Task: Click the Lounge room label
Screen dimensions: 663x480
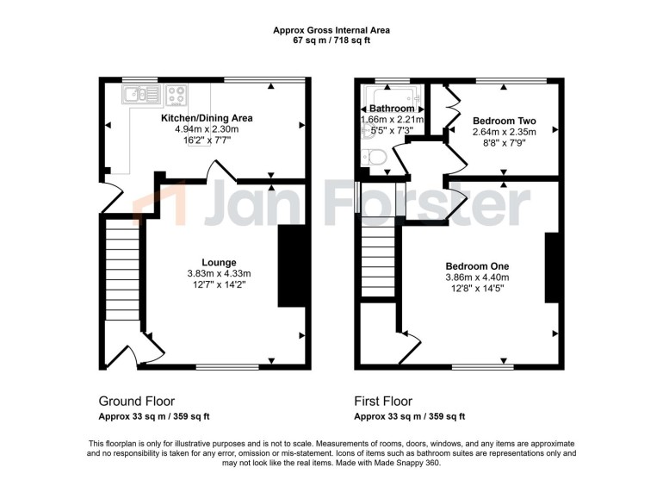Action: pyautogui.click(x=219, y=263)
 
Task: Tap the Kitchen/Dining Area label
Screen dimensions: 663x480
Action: pyautogui.click(x=207, y=118)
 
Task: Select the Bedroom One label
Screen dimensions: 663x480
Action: pyautogui.click(x=477, y=266)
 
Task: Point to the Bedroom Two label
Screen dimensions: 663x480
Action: pyautogui.click(x=504, y=121)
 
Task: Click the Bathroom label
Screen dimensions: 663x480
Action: pyautogui.click(x=392, y=109)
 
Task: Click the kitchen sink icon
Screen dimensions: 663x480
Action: pyautogui.click(x=142, y=94)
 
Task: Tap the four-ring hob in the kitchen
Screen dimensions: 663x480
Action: pyautogui.click(x=177, y=95)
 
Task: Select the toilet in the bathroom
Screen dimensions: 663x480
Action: pyautogui.click(x=374, y=158)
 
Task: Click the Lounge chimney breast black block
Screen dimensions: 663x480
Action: pyautogui.click(x=291, y=265)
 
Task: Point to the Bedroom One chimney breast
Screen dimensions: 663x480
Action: pyautogui.click(x=552, y=267)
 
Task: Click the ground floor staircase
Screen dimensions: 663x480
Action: pyautogui.click(x=122, y=269)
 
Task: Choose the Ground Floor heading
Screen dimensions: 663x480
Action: pyautogui.click(x=137, y=401)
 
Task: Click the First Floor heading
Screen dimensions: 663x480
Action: pyautogui.click(x=383, y=401)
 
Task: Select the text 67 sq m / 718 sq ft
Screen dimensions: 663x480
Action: pyautogui.click(x=331, y=41)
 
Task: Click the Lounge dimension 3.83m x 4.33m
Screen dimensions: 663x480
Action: pyautogui.click(x=219, y=274)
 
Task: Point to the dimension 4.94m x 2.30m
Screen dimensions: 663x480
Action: pyautogui.click(x=207, y=129)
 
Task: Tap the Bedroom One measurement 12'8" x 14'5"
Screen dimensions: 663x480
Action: pyautogui.click(x=477, y=289)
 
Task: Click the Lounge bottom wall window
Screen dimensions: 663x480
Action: pyautogui.click(x=227, y=366)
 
